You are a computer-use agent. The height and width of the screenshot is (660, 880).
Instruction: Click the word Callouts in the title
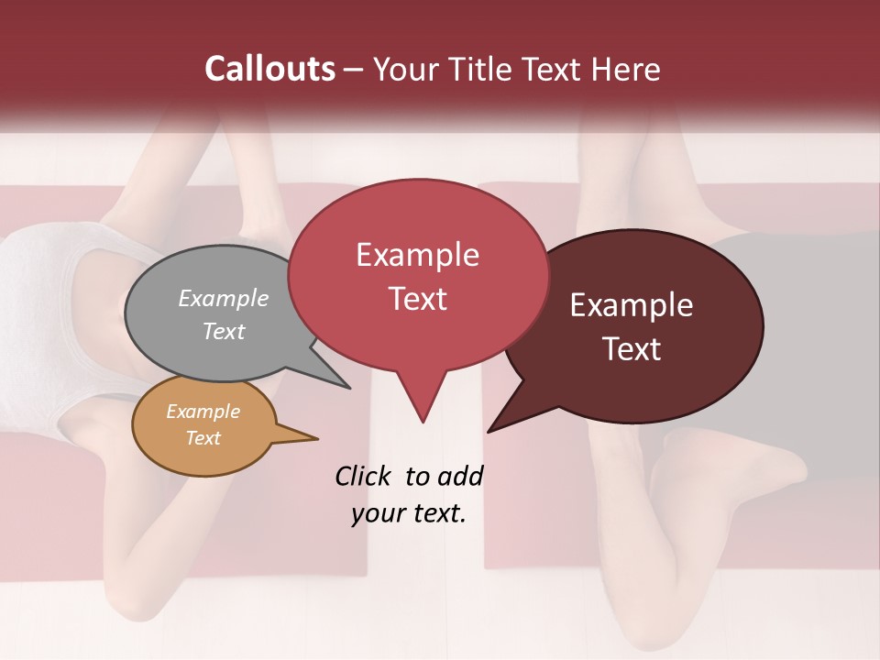pyautogui.click(x=269, y=70)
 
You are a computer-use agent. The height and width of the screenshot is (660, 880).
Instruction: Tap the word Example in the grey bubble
pyautogui.click(x=224, y=299)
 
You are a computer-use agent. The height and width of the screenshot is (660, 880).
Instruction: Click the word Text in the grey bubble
pyautogui.click(x=224, y=331)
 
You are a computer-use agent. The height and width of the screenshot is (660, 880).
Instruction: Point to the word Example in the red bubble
pyautogui.click(x=417, y=255)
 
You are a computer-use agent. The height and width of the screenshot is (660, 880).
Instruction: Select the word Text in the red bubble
pyautogui.click(x=417, y=299)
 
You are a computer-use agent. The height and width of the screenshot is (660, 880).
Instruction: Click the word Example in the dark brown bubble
pyautogui.click(x=632, y=305)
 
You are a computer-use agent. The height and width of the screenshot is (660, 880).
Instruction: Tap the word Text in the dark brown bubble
pyautogui.click(x=632, y=349)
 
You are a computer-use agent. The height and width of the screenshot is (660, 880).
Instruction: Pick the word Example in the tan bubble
pyautogui.click(x=203, y=412)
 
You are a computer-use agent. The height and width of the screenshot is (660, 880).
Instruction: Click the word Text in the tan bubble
pyautogui.click(x=203, y=438)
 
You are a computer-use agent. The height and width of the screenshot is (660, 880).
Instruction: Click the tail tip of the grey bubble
pyautogui.click(x=348, y=387)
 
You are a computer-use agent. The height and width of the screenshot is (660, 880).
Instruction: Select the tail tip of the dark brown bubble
pyautogui.click(x=489, y=431)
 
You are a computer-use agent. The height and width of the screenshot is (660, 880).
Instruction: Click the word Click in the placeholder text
pyautogui.click(x=364, y=476)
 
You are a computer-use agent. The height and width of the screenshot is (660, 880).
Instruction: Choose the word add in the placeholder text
pyautogui.click(x=460, y=476)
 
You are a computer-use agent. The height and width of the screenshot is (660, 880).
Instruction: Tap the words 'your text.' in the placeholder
pyautogui.click(x=409, y=513)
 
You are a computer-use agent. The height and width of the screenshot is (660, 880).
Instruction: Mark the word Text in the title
pyautogui.click(x=554, y=70)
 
